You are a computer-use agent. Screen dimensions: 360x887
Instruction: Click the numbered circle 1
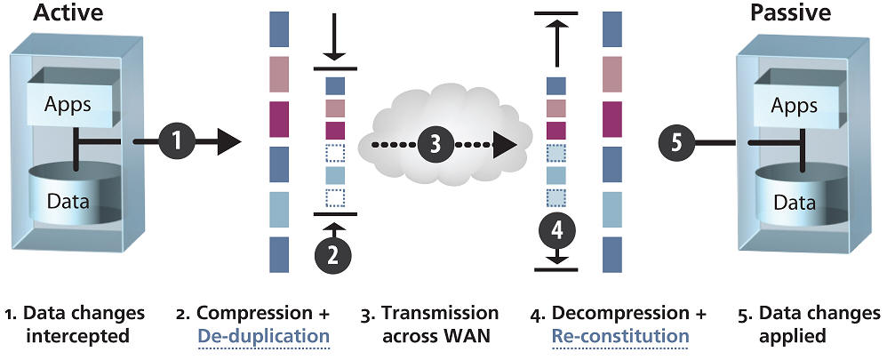coord(177,140)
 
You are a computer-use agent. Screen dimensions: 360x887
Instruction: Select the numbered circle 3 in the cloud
coord(436,144)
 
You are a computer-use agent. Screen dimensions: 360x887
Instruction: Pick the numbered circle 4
coord(556,231)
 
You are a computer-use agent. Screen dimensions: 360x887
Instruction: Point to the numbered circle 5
coord(677,143)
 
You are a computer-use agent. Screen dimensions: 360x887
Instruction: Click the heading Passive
coord(790,13)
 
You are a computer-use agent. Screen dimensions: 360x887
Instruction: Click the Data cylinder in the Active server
coord(68,201)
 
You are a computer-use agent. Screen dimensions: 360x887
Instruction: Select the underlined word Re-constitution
coord(620,336)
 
